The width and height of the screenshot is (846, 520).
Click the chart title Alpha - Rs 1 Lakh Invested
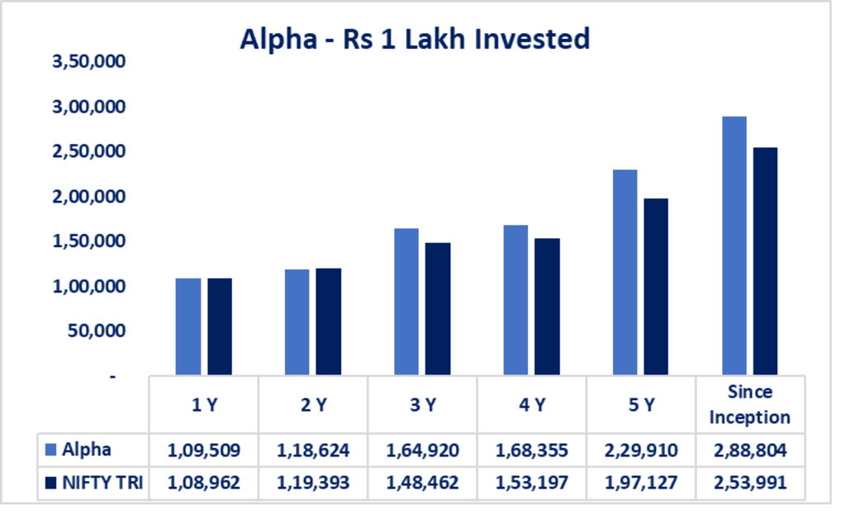pyautogui.click(x=415, y=39)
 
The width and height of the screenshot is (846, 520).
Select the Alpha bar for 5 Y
pyautogui.click(x=625, y=273)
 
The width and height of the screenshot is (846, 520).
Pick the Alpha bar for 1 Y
pyautogui.click(x=188, y=327)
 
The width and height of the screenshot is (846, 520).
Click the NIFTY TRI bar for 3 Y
pyautogui.click(x=438, y=309)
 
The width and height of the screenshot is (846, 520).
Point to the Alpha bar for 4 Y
pyautogui.click(x=516, y=300)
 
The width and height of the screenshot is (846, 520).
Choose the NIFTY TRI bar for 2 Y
pyautogui.click(x=329, y=322)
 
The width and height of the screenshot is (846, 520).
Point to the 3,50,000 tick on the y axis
pyautogui.click(x=88, y=62)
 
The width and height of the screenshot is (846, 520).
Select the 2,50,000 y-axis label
pyautogui.click(x=88, y=151)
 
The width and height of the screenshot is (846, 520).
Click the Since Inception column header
pyautogui.click(x=749, y=404)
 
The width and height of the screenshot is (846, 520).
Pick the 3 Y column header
pyautogui.click(x=422, y=405)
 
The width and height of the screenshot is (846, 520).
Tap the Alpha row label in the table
pyautogui.click(x=86, y=450)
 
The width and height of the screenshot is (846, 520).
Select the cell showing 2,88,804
pyautogui.click(x=749, y=451)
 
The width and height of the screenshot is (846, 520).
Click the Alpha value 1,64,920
pyautogui.click(x=422, y=451)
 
